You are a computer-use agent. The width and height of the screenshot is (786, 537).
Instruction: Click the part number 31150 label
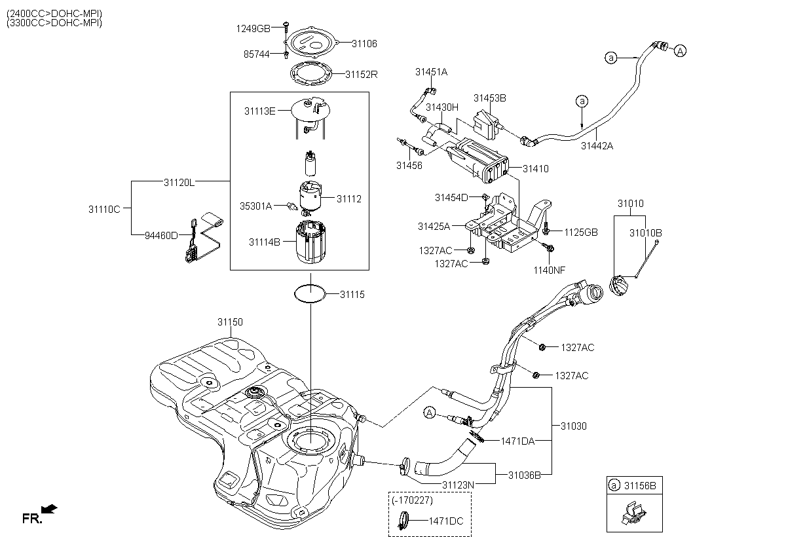[x=230, y=322]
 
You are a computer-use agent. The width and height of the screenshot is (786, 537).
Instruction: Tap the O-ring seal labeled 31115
[x=309, y=294]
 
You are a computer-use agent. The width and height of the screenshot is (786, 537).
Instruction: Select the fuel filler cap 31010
[x=619, y=286]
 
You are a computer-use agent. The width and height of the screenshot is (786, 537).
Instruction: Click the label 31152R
[x=362, y=75]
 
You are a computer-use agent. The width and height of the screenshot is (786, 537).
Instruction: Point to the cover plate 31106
[x=314, y=43]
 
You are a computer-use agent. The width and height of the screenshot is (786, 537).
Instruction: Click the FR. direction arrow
[x=48, y=509]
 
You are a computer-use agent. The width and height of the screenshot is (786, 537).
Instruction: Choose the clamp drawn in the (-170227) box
[x=406, y=521]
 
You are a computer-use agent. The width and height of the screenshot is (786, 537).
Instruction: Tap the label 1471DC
[x=445, y=522]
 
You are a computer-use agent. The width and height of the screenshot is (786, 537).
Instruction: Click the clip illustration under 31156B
[x=632, y=512]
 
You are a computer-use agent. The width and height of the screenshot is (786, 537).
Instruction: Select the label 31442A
[x=597, y=146]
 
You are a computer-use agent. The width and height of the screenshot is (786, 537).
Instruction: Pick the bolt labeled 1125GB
[x=546, y=231]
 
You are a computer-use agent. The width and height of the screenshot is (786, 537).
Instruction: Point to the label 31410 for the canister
[x=535, y=169]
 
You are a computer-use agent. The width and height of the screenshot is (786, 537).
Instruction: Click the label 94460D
[x=161, y=236]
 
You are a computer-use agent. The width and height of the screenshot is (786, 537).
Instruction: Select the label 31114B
[x=264, y=242]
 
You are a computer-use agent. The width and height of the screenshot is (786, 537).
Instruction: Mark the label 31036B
[x=524, y=475]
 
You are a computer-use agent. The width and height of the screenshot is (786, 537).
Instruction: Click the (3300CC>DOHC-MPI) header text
[x=54, y=22]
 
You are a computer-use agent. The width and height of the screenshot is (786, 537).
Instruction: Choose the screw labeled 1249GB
[x=287, y=26]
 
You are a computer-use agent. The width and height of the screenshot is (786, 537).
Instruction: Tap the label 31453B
[x=490, y=98]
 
